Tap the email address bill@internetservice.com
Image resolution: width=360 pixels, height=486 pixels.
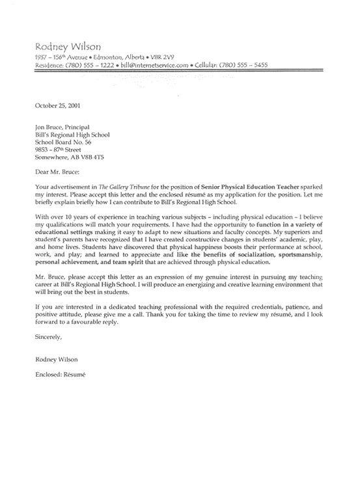click(159, 65)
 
